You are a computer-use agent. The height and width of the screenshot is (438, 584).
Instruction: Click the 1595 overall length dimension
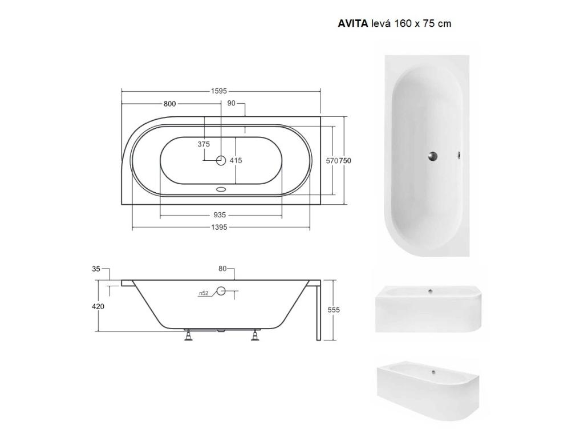pos(220,91)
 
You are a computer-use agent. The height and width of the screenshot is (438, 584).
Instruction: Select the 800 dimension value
pos(169,104)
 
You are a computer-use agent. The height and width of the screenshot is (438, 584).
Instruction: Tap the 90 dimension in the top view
pos(231,103)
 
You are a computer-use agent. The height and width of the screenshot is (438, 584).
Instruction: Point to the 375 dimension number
pos(204,144)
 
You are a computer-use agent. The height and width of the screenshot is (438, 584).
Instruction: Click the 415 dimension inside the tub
pos(236,160)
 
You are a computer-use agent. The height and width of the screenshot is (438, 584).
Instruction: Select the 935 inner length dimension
pos(220,215)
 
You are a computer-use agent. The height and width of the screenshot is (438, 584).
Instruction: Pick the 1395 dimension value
pos(220,227)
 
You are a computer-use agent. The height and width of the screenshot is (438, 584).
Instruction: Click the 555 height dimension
pos(334,310)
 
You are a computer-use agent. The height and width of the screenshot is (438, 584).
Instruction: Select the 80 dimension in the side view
pos(222,268)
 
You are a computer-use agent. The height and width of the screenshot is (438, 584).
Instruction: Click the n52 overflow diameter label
pos(203,293)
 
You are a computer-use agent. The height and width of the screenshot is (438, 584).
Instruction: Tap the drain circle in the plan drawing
pos(221,160)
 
